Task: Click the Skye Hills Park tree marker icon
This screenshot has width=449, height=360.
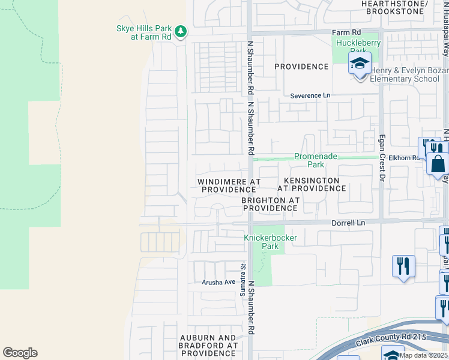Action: click(x=181, y=31)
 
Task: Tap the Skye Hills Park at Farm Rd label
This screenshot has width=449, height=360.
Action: click(x=143, y=32)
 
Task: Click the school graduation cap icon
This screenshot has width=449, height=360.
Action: click(x=360, y=64)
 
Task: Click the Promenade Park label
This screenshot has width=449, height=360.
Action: click(x=316, y=160)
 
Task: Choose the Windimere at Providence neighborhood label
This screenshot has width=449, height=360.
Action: click(x=229, y=185)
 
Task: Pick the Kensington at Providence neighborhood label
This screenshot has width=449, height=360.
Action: click(x=312, y=184)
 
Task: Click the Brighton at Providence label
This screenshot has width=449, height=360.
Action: click(x=270, y=204)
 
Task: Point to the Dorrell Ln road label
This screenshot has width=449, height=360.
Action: click(x=348, y=223)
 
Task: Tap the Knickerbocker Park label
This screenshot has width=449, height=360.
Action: click(x=270, y=242)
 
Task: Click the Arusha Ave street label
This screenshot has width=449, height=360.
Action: click(x=218, y=282)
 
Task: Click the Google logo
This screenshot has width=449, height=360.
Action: click(x=20, y=353)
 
